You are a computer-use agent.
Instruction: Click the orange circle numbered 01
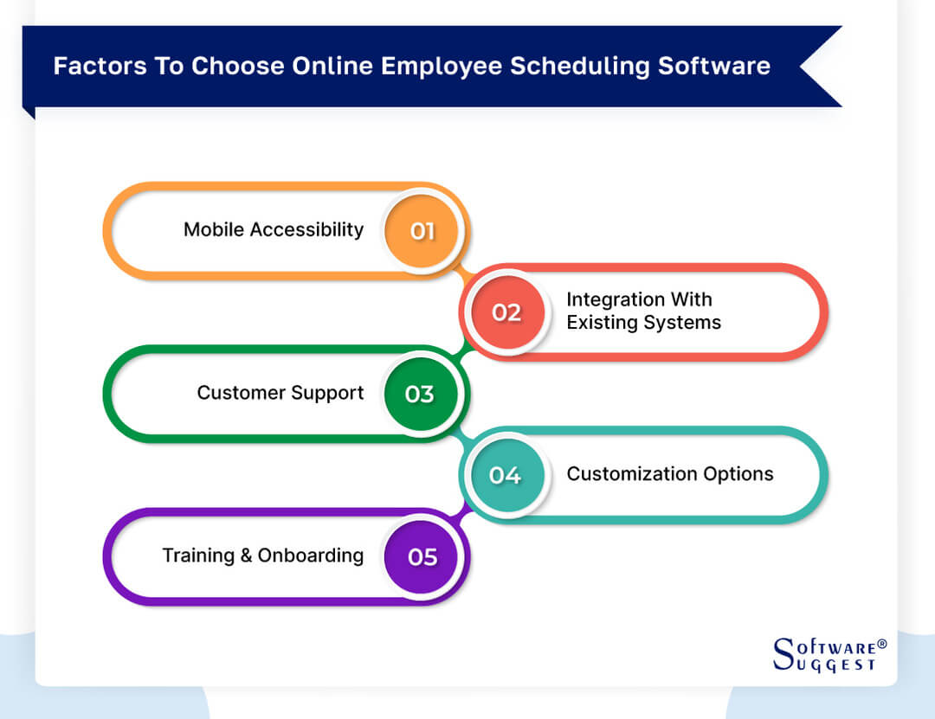pyautogui.click(x=422, y=231)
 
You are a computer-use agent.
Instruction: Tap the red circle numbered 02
pyautogui.click(x=506, y=312)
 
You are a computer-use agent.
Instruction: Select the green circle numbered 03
pyautogui.click(x=420, y=394)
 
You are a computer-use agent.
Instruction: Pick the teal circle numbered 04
pyautogui.click(x=506, y=475)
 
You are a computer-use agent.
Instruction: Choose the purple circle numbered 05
pyautogui.click(x=422, y=556)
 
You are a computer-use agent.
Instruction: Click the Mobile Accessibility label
pyautogui.click(x=274, y=229)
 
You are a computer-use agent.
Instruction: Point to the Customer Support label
pyautogui.click(x=280, y=393)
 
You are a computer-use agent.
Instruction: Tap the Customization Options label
pyautogui.click(x=670, y=474)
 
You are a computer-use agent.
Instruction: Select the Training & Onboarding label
pyautogui.click(x=263, y=555)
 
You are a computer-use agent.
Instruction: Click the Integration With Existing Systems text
pyautogui.click(x=643, y=311)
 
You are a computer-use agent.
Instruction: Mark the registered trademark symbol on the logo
pyautogui.click(x=882, y=645)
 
